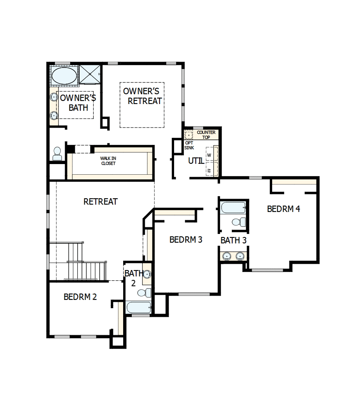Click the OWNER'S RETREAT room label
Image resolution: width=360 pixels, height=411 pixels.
pyautogui.click(x=142, y=96)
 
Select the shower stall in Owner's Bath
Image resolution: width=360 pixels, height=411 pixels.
pyautogui.click(x=90, y=74)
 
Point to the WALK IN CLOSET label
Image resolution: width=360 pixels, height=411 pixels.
pyautogui.click(x=108, y=161)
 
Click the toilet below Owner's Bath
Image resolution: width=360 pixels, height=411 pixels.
pyautogui.click(x=57, y=153)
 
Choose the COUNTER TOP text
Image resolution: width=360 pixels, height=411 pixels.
pyautogui.click(x=206, y=135)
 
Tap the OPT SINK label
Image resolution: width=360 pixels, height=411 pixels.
pyautogui.click(x=189, y=145)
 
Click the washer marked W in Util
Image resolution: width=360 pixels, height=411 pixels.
pyautogui.click(x=209, y=155)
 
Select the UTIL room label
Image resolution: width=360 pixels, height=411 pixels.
pyautogui.click(x=196, y=161)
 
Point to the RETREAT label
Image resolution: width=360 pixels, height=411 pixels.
pyautogui.click(x=100, y=202)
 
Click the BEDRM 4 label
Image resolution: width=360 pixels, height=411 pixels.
pyautogui.click(x=284, y=209)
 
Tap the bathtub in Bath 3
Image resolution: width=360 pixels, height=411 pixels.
pyautogui.click(x=233, y=207)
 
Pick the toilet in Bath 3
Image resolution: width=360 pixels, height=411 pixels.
pyautogui.click(x=238, y=222)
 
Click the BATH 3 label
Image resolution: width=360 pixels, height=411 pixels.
pyautogui.click(x=233, y=241)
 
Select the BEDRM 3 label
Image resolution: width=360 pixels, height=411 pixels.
pyautogui.click(x=186, y=239)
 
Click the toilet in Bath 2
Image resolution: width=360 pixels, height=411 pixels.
pyautogui.click(x=146, y=292)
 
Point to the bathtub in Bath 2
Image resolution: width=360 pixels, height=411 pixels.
pyautogui.click(x=138, y=307)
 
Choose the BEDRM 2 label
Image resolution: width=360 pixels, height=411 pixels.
pyautogui.click(x=80, y=297)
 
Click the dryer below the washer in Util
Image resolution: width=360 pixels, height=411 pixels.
pyautogui.click(x=209, y=170)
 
